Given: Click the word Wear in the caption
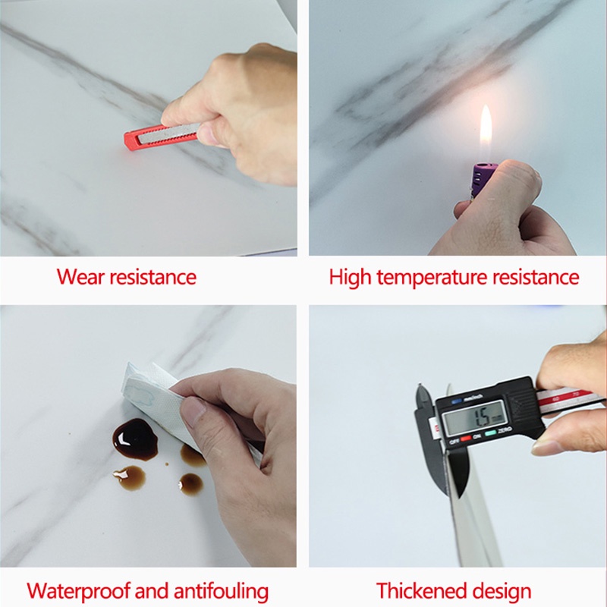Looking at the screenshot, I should click(80, 277).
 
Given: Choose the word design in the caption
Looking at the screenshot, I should click(505, 590).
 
